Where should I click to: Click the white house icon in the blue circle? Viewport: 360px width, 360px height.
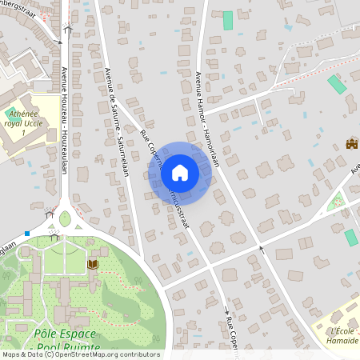(x=180, y=172)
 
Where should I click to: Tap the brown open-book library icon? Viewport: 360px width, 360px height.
(x=93, y=264)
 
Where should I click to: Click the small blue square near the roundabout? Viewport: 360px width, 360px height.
(x=27, y=234)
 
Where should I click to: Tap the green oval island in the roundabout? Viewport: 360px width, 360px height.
(x=65, y=218)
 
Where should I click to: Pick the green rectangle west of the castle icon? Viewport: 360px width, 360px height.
(x=337, y=84)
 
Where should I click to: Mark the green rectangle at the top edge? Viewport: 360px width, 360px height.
(x=228, y=21)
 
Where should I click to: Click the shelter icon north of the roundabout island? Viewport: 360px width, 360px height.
(x=50, y=214)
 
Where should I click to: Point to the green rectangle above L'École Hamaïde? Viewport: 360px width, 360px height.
(x=350, y=238)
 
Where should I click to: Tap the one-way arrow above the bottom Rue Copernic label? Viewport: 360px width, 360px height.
(x=226, y=309)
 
